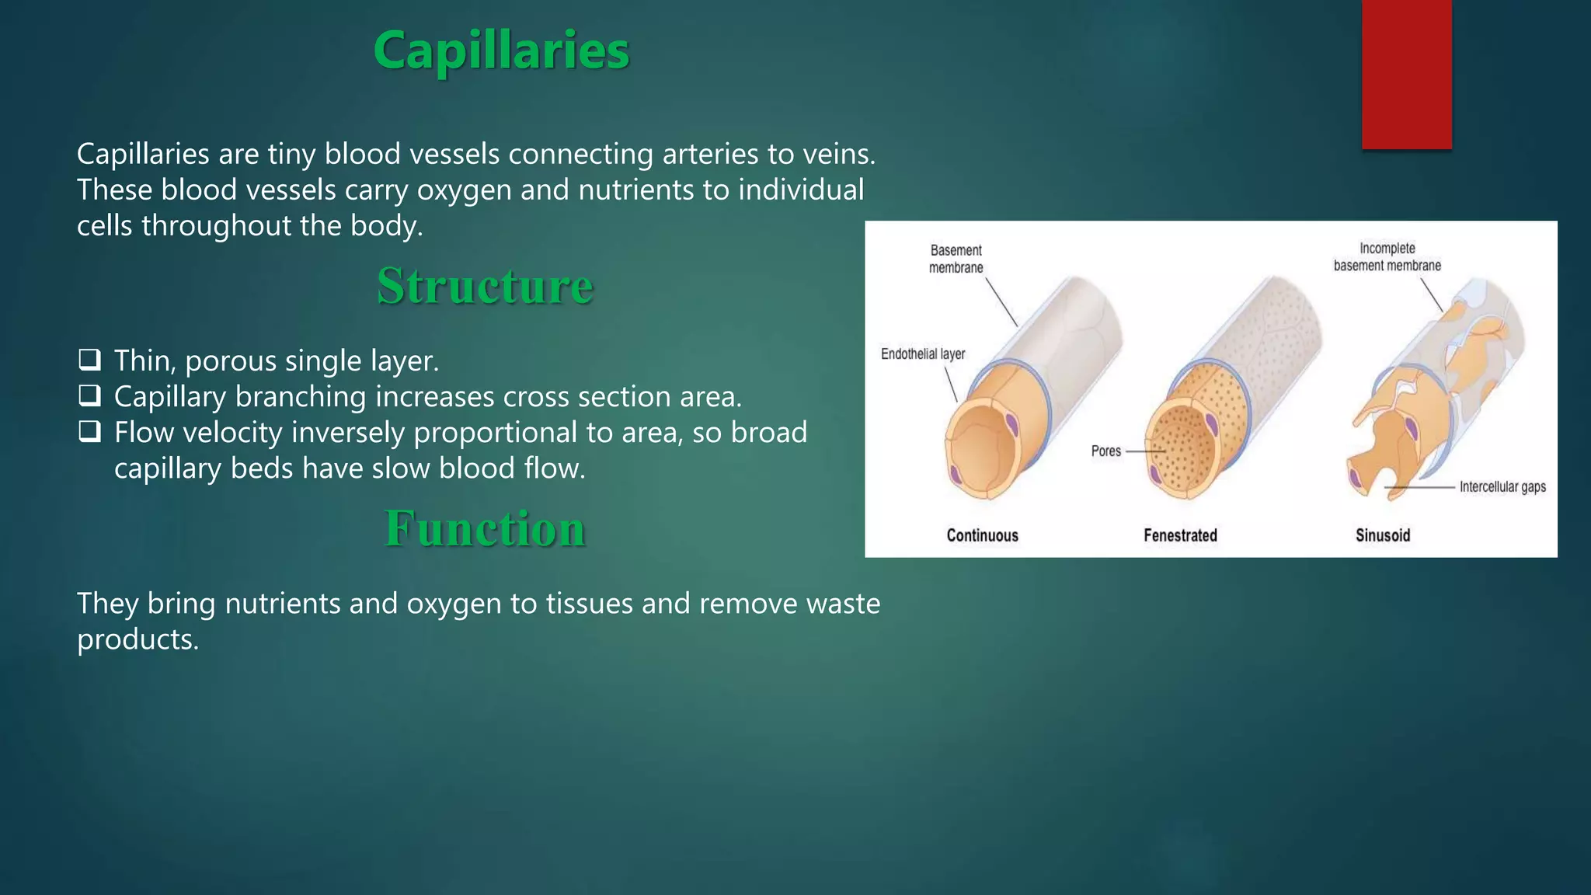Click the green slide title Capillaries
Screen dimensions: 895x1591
(x=501, y=50)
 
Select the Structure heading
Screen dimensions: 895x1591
(x=485, y=286)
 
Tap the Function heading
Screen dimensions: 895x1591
(x=485, y=528)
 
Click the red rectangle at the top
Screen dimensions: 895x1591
(x=1406, y=74)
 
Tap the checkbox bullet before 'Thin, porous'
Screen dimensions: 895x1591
(x=89, y=360)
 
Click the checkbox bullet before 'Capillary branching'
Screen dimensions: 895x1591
(x=89, y=395)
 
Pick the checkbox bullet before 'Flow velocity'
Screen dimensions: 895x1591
(x=89, y=431)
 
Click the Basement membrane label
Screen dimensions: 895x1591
(x=956, y=259)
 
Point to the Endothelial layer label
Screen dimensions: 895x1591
(x=922, y=354)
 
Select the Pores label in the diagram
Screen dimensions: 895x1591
(x=1105, y=451)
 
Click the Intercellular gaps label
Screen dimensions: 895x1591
(x=1502, y=487)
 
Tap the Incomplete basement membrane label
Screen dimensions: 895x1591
(x=1387, y=257)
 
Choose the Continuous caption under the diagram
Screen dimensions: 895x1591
(x=982, y=535)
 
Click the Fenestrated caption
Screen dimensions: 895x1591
(x=1180, y=535)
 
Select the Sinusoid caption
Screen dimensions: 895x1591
(x=1382, y=535)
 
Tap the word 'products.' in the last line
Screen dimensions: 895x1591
(x=138, y=639)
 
